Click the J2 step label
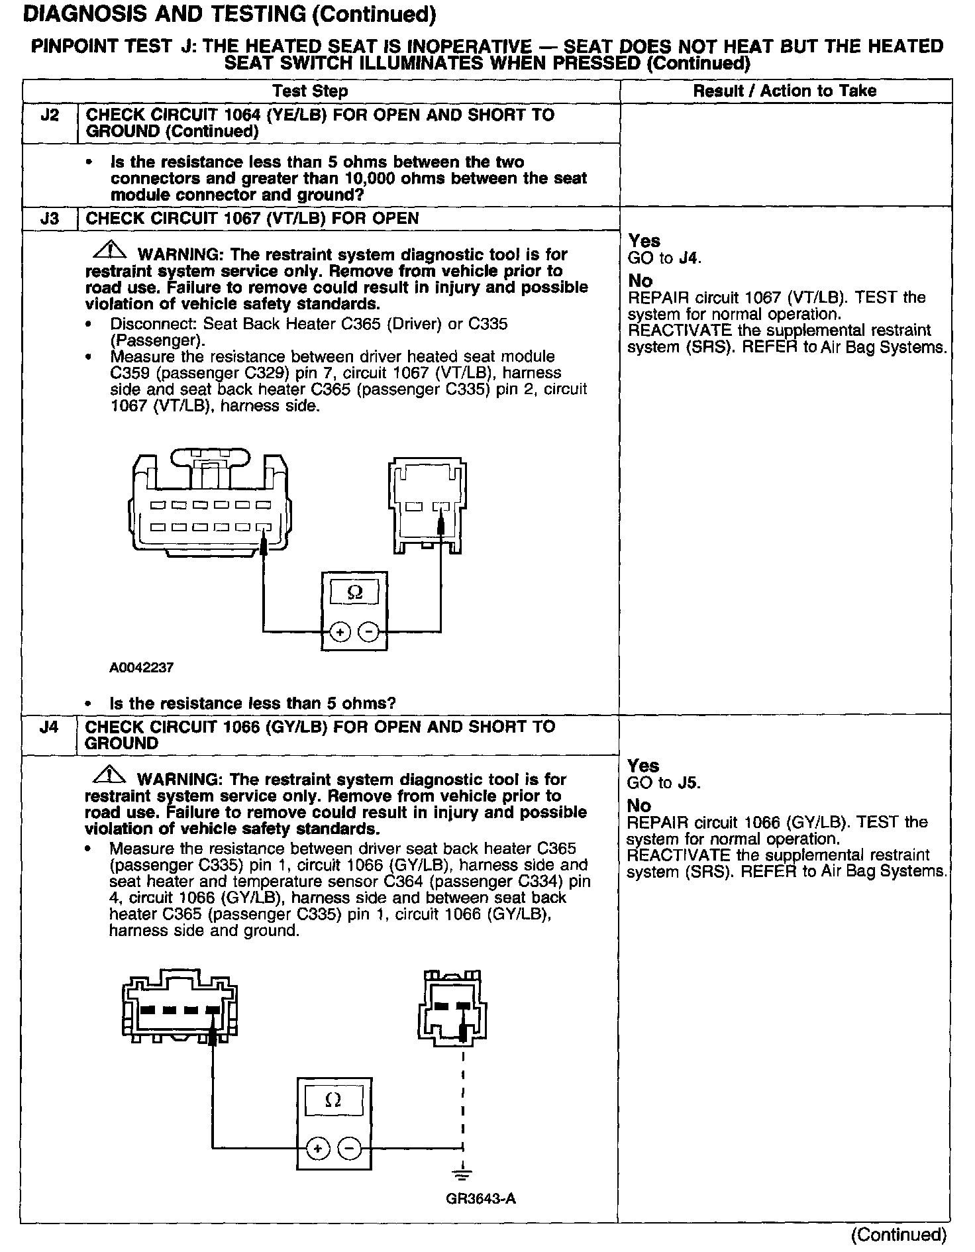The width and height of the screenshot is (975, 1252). (50, 115)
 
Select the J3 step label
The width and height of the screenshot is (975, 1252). (50, 219)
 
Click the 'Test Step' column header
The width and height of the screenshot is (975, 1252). (311, 91)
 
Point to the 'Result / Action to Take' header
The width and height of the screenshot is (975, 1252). (785, 91)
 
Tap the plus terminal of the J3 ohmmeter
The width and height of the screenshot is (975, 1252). (340, 633)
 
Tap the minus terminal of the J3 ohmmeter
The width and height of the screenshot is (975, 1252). (368, 633)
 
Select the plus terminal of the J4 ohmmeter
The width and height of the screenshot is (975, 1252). (318, 1149)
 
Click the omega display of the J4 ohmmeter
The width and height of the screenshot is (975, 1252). (334, 1100)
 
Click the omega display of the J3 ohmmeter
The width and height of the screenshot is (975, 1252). (355, 592)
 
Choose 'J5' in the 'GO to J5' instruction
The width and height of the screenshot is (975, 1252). (689, 783)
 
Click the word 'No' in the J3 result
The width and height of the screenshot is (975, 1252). (641, 281)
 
